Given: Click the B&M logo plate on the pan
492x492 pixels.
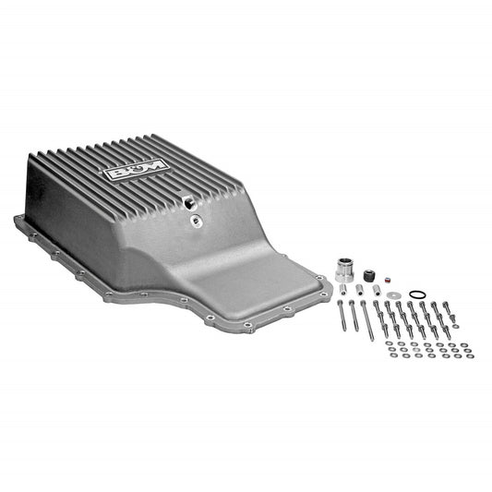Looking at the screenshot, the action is point(137,170).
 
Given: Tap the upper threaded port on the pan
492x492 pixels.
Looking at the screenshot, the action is point(189,203).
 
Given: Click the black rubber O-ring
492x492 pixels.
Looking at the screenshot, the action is point(417,294).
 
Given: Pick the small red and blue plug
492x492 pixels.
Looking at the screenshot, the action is point(388,279).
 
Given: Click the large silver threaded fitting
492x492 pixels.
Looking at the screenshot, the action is point(345,270).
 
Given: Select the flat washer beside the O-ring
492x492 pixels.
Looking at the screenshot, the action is point(391,295).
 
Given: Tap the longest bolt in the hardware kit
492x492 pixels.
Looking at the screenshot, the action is point(367,320).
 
